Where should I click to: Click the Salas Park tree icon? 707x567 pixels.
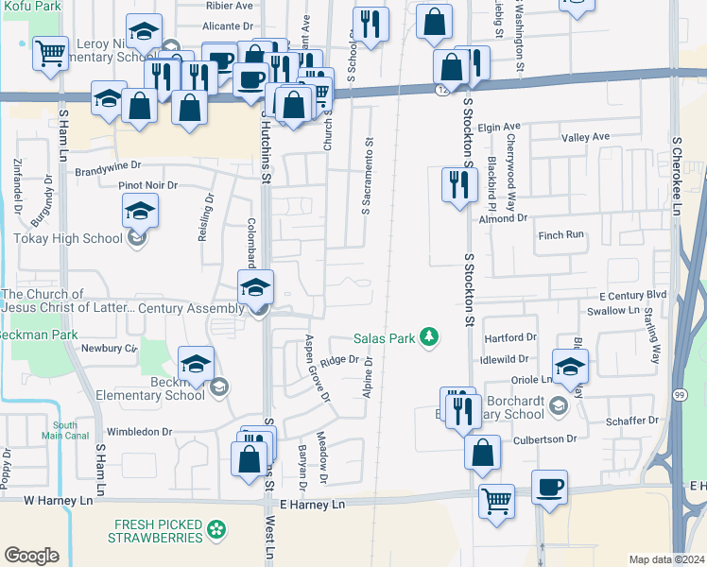(431, 337)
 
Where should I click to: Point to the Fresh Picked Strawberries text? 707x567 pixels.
(158, 531)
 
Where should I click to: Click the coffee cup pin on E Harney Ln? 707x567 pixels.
(549, 489)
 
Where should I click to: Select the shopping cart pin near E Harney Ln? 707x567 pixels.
(496, 500)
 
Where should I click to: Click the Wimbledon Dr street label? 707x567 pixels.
(139, 432)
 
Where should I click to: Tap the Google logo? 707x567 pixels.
(31, 556)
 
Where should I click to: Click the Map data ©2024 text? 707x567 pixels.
(665, 559)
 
